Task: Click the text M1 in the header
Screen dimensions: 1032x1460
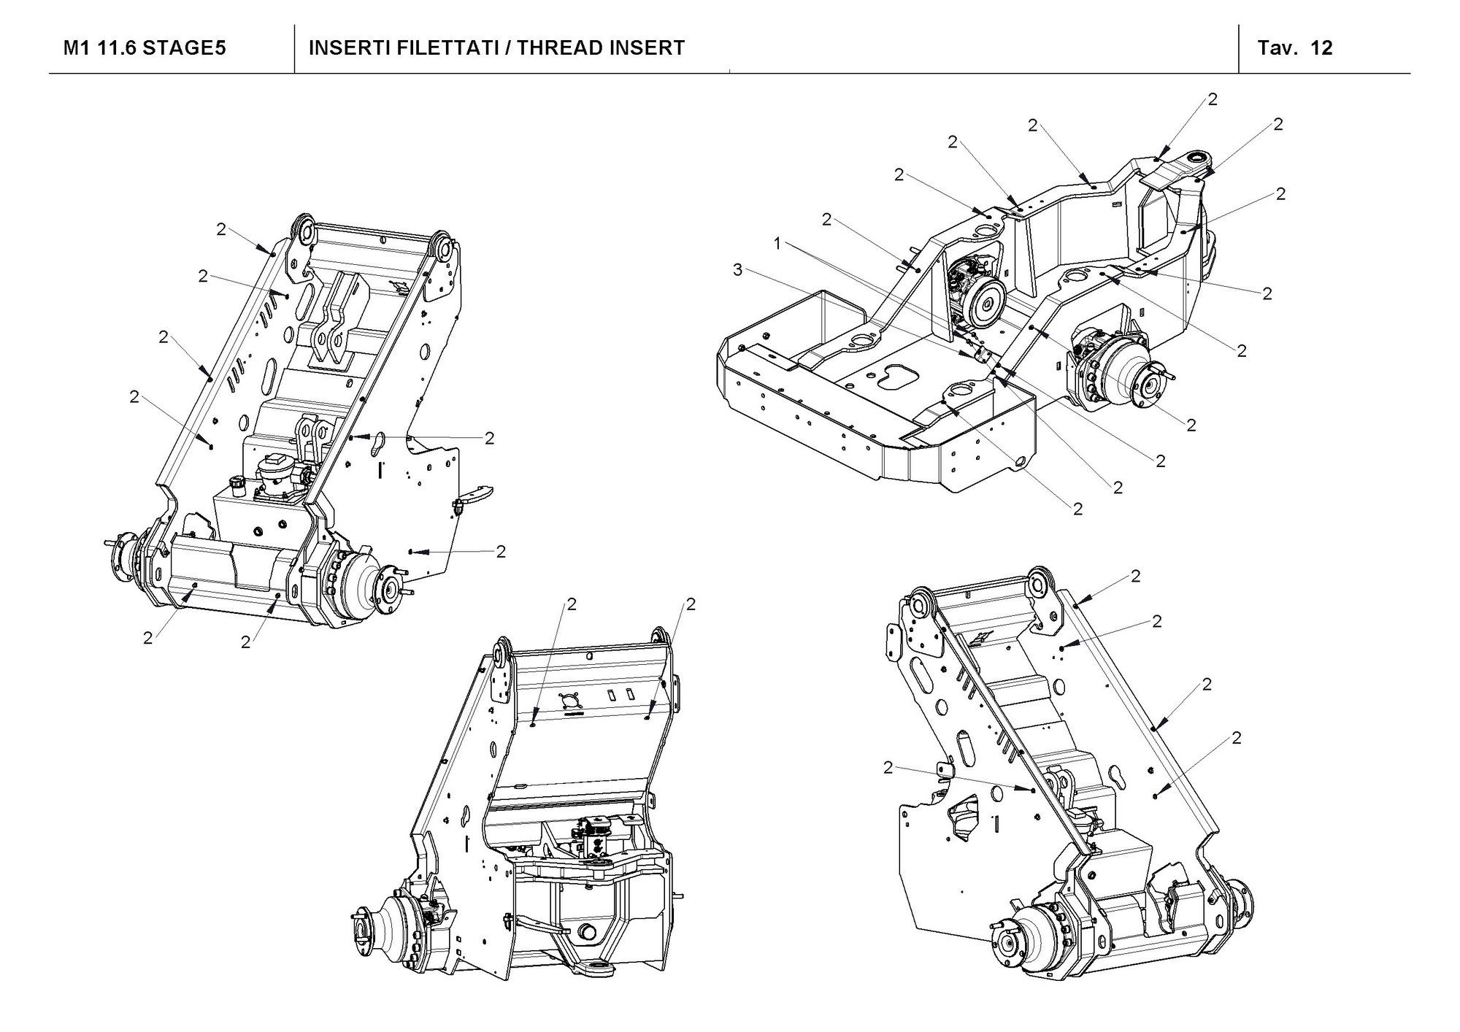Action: point(78,48)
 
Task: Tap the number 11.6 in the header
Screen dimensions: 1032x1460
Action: point(116,48)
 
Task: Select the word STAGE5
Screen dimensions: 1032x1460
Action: point(184,48)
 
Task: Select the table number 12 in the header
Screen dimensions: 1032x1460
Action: point(1322,48)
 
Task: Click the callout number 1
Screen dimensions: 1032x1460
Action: point(778,243)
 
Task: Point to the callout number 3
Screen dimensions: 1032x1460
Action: point(738,271)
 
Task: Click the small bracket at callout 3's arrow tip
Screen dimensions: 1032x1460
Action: point(983,355)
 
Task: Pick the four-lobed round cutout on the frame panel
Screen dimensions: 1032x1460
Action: point(571,701)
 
